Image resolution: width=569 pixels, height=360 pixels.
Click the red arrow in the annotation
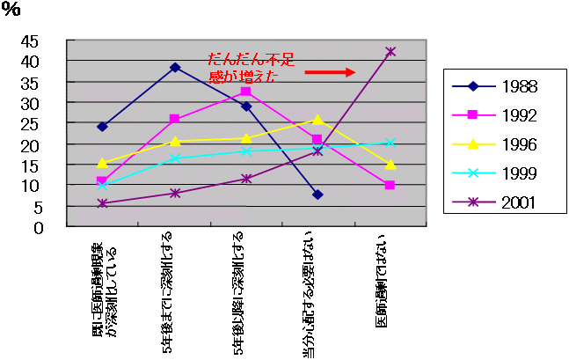tap(330, 72)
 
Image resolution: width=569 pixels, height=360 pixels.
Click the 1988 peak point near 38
tap(175, 67)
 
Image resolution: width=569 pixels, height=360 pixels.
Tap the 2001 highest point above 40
tap(390, 52)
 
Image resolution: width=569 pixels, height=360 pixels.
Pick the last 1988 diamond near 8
tap(317, 195)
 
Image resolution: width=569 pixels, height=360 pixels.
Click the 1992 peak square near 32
tap(246, 92)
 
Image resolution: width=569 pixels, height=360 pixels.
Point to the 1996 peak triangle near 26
tap(317, 120)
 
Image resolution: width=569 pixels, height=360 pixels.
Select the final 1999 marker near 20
tap(390, 142)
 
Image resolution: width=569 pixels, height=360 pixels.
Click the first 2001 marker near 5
tap(103, 203)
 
